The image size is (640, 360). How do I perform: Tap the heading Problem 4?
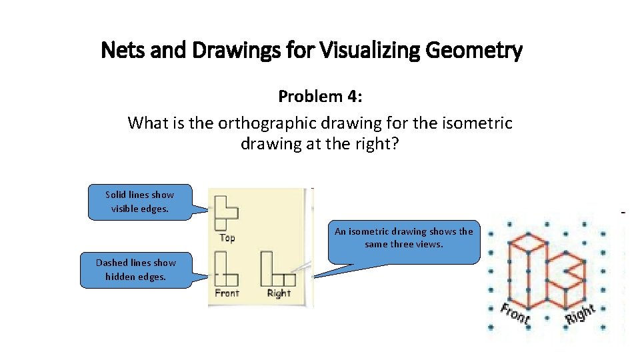pos(320,97)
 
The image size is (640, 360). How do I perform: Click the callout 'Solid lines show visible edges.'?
pos(139,201)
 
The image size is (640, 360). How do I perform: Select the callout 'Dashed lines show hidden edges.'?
pos(136,269)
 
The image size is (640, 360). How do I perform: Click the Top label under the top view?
pos(227,237)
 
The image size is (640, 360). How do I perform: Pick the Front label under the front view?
pos(227,293)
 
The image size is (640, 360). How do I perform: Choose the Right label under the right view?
pos(279,293)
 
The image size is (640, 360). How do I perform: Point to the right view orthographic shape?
pos(277,269)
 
